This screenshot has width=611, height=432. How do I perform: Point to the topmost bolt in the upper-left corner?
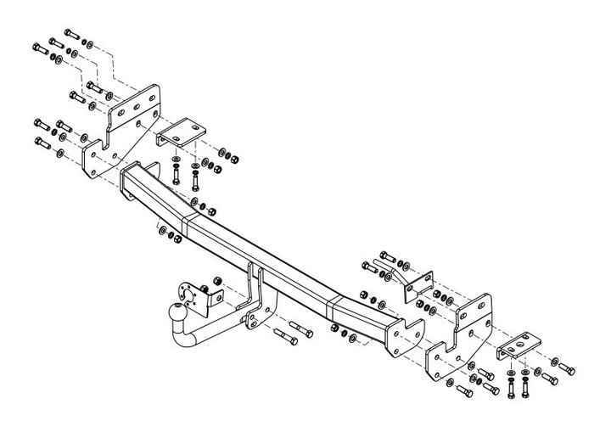coord(70,35)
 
